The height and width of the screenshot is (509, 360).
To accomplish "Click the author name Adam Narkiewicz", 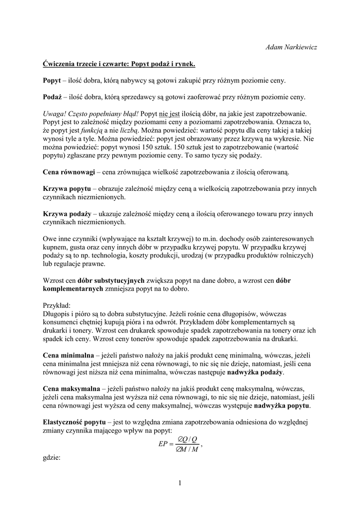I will click(292, 47).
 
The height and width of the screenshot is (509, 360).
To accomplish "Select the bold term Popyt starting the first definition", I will click(52, 80).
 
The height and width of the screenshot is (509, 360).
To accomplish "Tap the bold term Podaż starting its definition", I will click(52, 96).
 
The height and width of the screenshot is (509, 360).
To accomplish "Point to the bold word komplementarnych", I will click(73, 288).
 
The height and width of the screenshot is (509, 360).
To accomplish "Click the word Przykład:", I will click(57, 305).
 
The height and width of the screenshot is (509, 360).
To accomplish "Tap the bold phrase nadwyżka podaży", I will click(255, 372).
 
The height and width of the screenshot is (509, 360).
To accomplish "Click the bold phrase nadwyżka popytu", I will click(282, 406).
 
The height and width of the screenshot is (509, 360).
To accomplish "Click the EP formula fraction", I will click(180, 444).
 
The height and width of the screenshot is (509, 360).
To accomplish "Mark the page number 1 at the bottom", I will click(180, 482).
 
